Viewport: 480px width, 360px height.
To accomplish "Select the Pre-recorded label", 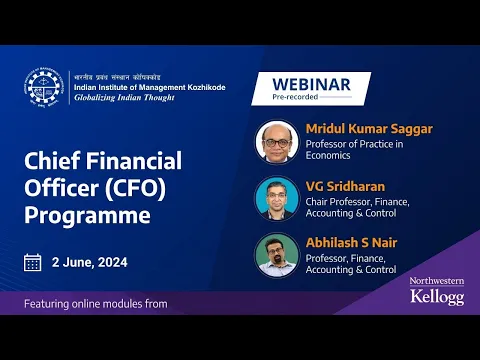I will point(297,99).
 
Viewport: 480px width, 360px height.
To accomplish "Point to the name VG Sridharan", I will point(340,186).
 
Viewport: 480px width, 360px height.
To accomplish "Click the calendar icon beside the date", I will point(33,263).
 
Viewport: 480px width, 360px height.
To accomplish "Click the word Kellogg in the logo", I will point(436,297).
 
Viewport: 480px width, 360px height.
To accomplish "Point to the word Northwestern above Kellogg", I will point(436,282).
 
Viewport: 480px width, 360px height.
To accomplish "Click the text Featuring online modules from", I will point(96,302).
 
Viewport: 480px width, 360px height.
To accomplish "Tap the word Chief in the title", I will point(56,160).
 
